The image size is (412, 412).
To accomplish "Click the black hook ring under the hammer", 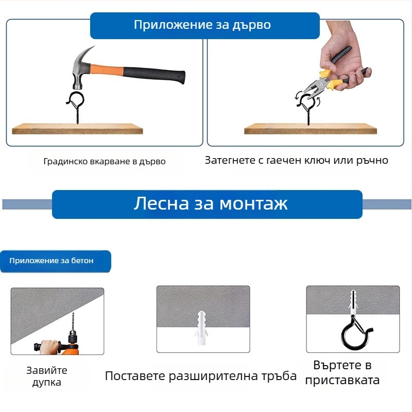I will (x=75, y=99).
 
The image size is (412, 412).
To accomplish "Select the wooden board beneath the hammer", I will (x=77, y=128).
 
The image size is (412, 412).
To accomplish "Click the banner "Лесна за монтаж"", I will (x=210, y=204).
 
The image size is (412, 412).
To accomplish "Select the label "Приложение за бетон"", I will (x=51, y=261).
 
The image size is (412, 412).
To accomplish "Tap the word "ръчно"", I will (x=372, y=160).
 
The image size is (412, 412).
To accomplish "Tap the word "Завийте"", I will (x=47, y=370).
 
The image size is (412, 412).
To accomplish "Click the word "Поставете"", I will (x=135, y=376).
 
